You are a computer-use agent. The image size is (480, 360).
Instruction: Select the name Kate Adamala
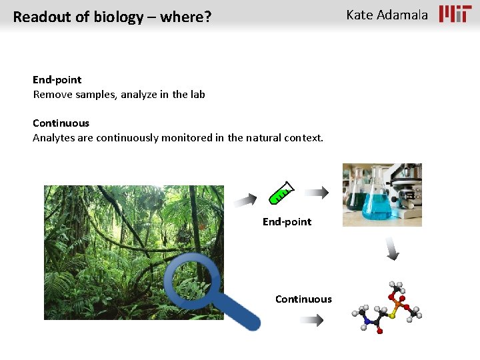click(x=387, y=15)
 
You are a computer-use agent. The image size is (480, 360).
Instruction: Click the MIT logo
click(x=455, y=14)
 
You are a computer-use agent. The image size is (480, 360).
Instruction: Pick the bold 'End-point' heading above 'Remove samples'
click(x=57, y=80)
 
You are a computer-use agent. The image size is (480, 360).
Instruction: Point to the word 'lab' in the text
click(x=197, y=95)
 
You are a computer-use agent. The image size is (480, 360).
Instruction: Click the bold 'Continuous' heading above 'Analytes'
click(x=61, y=123)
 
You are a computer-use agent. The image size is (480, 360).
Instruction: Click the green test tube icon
click(x=281, y=193)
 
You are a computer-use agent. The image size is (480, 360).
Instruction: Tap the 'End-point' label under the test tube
click(x=287, y=222)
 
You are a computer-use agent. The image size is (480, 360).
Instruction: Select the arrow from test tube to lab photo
click(x=321, y=193)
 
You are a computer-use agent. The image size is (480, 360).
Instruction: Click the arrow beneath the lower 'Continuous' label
click(x=311, y=320)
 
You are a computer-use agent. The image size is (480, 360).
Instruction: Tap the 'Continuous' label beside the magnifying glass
click(x=303, y=299)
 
